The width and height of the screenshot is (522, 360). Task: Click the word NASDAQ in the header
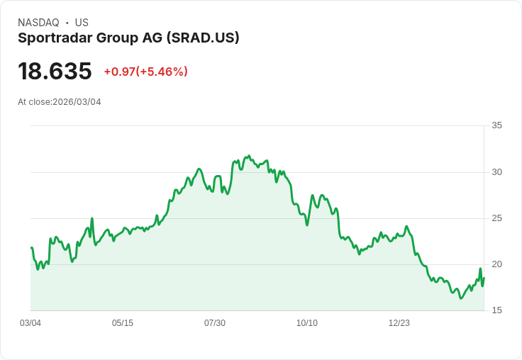click(38, 23)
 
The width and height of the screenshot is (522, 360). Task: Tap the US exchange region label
click(82, 23)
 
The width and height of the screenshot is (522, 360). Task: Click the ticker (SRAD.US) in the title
click(203, 38)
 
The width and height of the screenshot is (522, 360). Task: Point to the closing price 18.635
click(55, 71)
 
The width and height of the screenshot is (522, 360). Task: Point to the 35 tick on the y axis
click(496, 125)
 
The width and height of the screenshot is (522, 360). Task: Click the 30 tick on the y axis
click(496, 172)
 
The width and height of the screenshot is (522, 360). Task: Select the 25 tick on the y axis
click(496, 218)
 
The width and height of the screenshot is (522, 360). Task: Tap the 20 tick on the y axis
click(496, 264)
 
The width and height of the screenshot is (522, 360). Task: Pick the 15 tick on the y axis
click(496, 310)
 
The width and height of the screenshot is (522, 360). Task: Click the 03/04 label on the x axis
click(30, 323)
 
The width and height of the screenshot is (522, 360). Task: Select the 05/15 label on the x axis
click(123, 323)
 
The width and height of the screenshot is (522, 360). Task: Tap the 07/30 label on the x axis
click(215, 323)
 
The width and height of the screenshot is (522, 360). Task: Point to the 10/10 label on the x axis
click(307, 323)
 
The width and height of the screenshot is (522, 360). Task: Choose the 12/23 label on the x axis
click(399, 323)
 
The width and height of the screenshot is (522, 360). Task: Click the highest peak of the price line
click(248, 156)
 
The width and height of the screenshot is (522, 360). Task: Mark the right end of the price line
click(484, 278)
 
